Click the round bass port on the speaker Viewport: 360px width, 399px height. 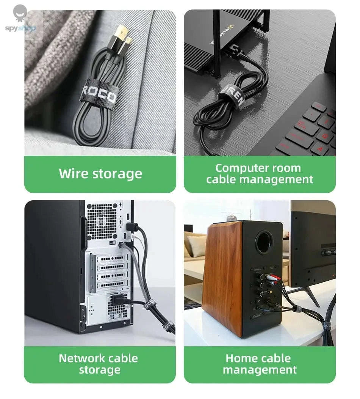[265, 242]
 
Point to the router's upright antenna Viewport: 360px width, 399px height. [217, 42]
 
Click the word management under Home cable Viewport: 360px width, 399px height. [260, 369]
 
